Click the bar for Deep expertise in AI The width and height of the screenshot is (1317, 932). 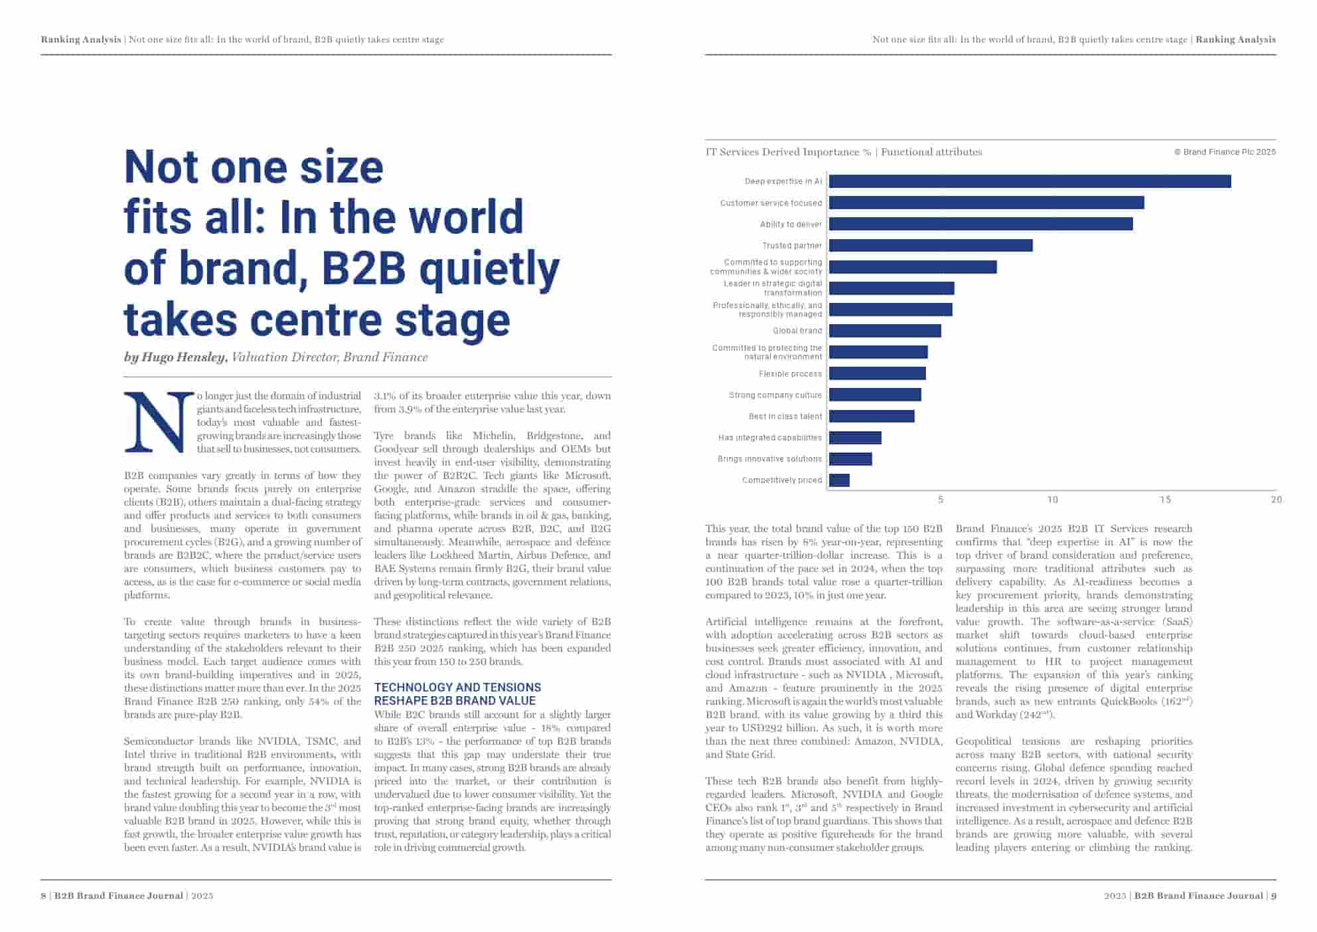click(1030, 181)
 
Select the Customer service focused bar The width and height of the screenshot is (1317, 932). click(986, 203)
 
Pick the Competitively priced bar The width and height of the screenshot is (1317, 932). click(839, 480)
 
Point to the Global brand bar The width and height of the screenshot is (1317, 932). click(885, 331)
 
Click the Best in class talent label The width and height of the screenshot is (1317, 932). click(785, 417)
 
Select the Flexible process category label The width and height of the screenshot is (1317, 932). click(790, 374)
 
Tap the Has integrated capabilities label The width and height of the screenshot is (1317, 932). click(769, 438)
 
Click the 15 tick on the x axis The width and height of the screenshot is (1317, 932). click(1165, 500)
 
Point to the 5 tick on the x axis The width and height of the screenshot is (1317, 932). click(941, 500)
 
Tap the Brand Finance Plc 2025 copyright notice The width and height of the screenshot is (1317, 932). click(1225, 152)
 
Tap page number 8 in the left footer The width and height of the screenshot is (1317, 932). click(44, 895)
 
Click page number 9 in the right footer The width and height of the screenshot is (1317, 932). click(1273, 895)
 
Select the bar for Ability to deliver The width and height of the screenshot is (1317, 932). click(980, 224)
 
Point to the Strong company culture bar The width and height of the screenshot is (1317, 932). click(875, 395)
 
